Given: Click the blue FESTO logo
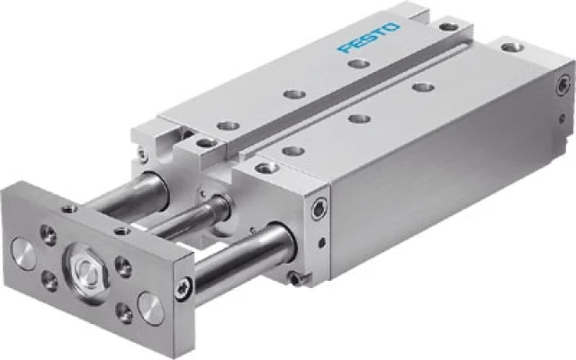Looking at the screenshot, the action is coord(369,38).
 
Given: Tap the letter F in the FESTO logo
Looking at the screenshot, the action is coord(345,48).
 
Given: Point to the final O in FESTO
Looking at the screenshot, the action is coord(392,28).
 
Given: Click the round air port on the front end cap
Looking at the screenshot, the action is coord(319,209).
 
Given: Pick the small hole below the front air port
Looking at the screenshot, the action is coord(322,242).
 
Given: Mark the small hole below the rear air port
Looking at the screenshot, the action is coord(562,118).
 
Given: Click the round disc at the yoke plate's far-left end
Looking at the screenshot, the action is coord(24,254).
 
